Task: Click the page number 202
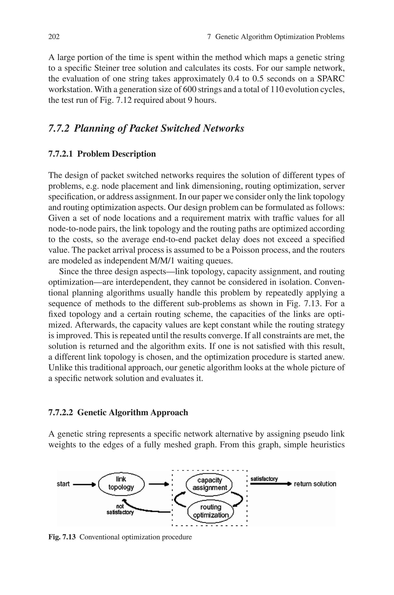point(54,37)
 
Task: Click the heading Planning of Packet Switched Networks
point(146,128)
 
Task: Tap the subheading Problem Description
point(102,154)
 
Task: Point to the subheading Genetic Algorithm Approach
point(118,413)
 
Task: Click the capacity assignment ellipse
point(210,484)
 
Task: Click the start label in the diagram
point(63,484)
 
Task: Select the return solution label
point(315,484)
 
